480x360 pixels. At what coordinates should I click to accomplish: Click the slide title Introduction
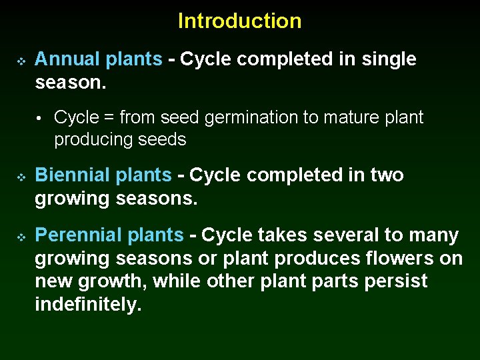(x=239, y=21)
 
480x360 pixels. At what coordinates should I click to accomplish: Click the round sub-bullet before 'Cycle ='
(x=40, y=119)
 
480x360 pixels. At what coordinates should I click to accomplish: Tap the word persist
(x=396, y=281)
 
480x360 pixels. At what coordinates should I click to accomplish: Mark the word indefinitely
(x=88, y=304)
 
